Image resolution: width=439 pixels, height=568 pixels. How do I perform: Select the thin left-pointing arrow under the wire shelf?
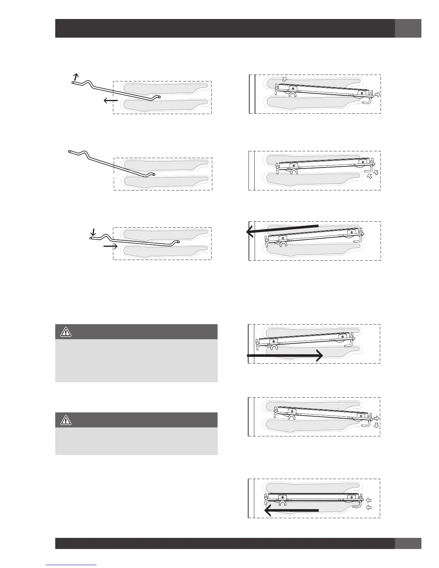point(110,101)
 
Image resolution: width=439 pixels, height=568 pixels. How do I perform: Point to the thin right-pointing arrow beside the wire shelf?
point(110,246)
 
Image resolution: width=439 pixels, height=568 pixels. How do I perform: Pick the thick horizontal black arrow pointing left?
point(291,510)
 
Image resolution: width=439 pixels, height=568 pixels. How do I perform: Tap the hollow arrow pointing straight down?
point(375,425)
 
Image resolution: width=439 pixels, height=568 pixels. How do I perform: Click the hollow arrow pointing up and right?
point(284,79)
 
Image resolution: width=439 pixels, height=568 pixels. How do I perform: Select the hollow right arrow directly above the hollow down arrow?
point(377,418)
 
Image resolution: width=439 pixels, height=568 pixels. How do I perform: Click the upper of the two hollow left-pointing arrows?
point(369,500)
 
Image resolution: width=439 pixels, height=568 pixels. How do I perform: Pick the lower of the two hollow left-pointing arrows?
point(369,507)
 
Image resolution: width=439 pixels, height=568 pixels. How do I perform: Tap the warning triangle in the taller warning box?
point(66,332)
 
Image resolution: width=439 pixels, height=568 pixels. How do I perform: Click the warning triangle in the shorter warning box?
point(66,420)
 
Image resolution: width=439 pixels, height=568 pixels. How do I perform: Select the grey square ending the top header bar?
point(408,28)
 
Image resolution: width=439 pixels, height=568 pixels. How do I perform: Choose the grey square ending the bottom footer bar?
point(408,543)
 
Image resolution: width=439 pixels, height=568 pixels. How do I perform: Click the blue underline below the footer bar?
point(71,565)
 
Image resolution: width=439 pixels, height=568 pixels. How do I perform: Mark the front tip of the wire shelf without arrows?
point(69,152)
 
